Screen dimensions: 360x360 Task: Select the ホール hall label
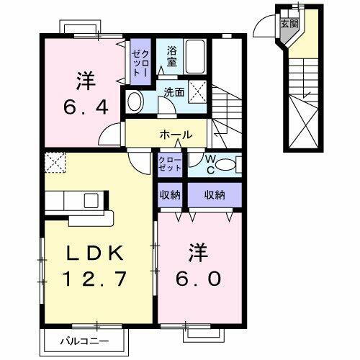tap(176, 135)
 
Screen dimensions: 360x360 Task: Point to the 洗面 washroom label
tap(173, 92)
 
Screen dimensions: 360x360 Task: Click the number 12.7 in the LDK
tap(98, 277)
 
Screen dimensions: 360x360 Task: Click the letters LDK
tap(97, 253)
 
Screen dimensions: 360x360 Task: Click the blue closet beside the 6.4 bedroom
tap(138, 60)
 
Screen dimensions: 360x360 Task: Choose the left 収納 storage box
tap(171, 194)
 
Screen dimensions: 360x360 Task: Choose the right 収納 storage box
tap(214, 194)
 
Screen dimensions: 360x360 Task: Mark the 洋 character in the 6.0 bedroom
tap(199, 253)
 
